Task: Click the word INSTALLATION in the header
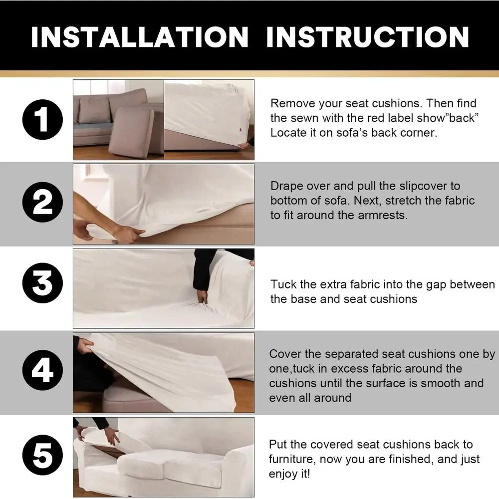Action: (140, 37)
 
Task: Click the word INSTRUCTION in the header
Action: (368, 37)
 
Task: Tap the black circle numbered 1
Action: (42, 120)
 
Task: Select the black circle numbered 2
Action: (42, 203)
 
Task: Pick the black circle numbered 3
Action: (42, 283)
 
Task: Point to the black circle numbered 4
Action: (42, 370)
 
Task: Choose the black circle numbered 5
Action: (42, 455)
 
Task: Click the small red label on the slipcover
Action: (241, 129)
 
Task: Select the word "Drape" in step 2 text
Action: (285, 186)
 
